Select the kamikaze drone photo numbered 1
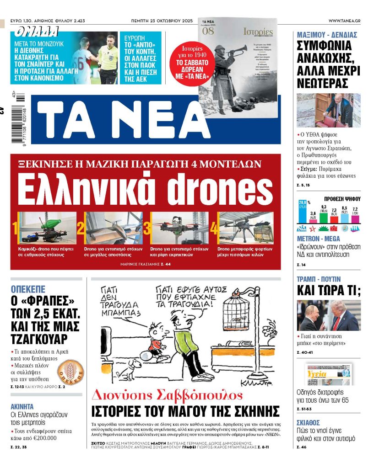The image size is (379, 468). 47,228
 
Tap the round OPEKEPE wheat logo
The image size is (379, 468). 70,372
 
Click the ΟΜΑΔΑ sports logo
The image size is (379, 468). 37,32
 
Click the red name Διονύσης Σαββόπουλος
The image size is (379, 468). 168,395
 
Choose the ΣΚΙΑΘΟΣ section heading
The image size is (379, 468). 308,423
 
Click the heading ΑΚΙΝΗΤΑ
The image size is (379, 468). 22,406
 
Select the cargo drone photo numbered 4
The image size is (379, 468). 246,228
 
